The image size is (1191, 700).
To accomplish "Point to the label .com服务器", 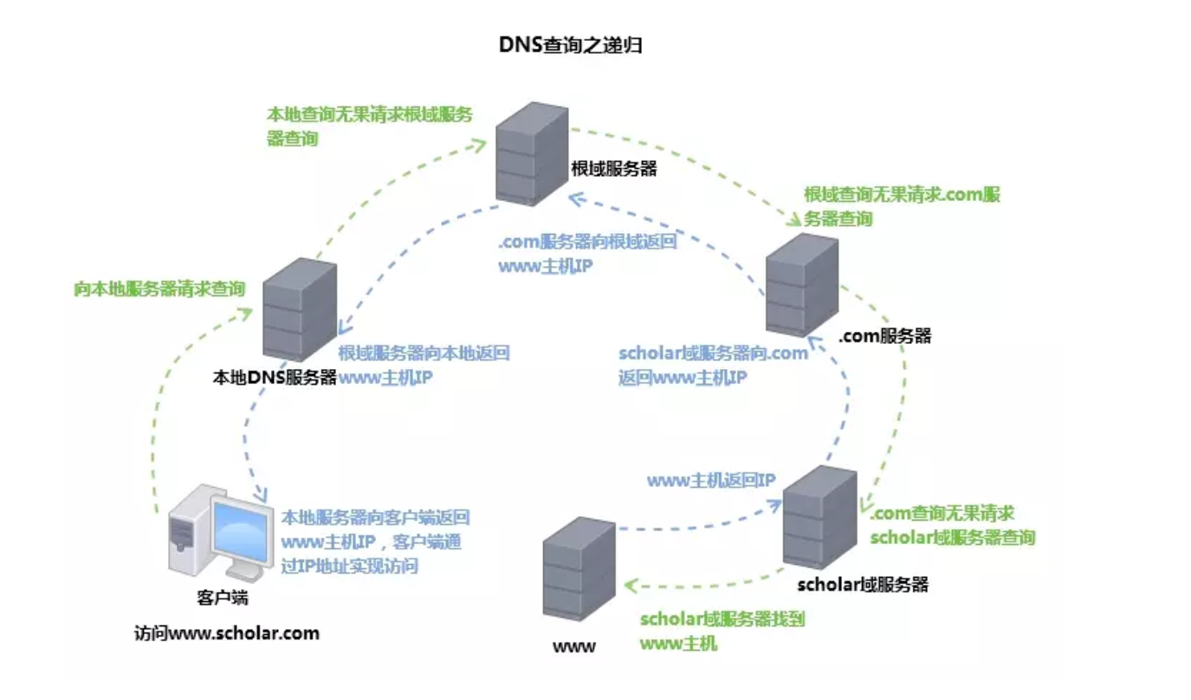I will (884, 336).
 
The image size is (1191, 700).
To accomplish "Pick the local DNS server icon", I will (299, 309).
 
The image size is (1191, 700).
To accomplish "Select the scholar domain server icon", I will (819, 517).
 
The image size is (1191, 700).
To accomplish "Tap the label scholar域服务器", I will (863, 585).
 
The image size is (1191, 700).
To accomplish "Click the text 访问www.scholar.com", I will (227, 633).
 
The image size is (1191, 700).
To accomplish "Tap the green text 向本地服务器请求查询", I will (159, 288).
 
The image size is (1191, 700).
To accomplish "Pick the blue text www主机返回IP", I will (711, 480).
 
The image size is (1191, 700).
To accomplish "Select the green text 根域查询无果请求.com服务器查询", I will (902, 206).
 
